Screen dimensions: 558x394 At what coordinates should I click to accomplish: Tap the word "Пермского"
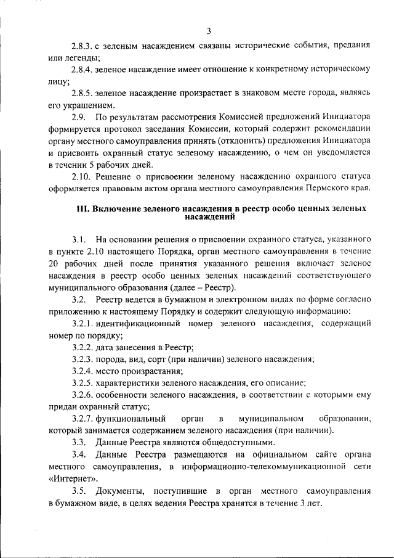tap(324, 187)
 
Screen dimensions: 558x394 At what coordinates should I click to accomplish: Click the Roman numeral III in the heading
tap(83, 209)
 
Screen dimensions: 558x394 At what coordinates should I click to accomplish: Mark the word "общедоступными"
tap(236, 443)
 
